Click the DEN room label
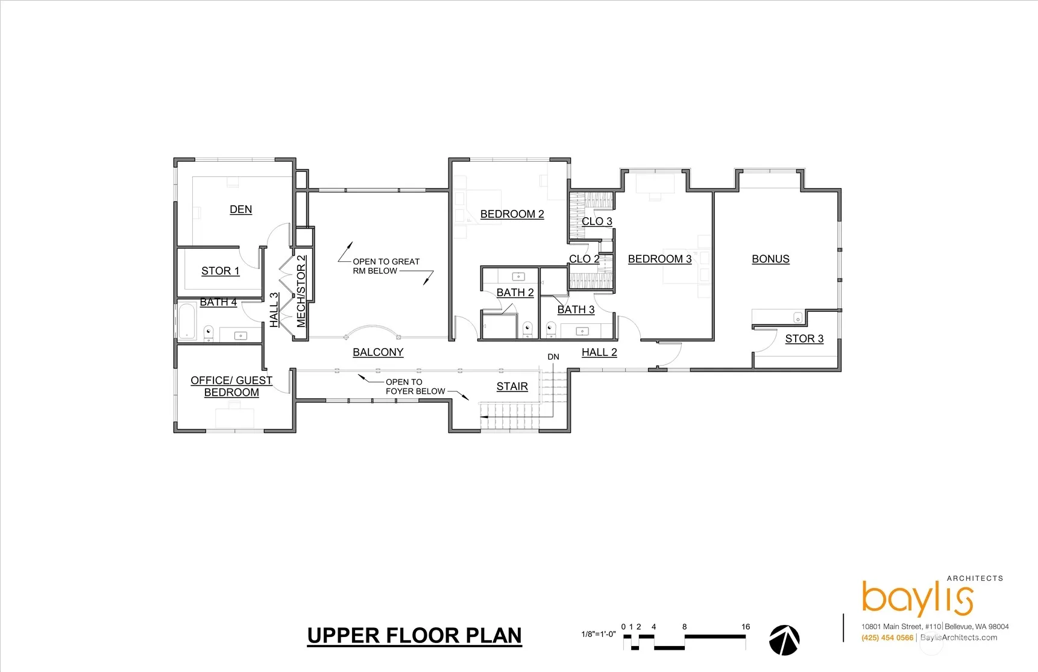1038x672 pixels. tap(241, 209)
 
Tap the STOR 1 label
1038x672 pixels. tap(220, 271)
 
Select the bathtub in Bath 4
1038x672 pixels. tap(186, 321)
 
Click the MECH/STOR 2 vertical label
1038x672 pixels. tap(301, 291)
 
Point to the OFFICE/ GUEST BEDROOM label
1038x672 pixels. tap(231, 386)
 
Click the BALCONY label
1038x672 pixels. tap(378, 352)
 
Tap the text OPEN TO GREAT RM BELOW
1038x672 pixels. tap(386, 266)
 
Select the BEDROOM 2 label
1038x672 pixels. tap(512, 214)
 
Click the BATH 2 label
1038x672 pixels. tap(515, 293)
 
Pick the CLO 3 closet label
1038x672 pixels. tap(597, 221)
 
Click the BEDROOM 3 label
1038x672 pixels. tap(659, 259)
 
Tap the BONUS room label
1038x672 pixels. tap(770, 259)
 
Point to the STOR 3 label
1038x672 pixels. tap(804, 339)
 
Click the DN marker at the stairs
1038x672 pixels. tap(553, 357)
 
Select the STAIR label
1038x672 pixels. tap(512, 387)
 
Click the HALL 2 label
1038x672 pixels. tap(599, 352)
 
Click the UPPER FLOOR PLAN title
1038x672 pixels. tap(415, 636)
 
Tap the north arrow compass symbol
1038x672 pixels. tap(784, 640)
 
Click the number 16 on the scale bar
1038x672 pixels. tap(746, 627)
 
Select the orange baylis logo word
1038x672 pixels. tap(917, 598)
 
